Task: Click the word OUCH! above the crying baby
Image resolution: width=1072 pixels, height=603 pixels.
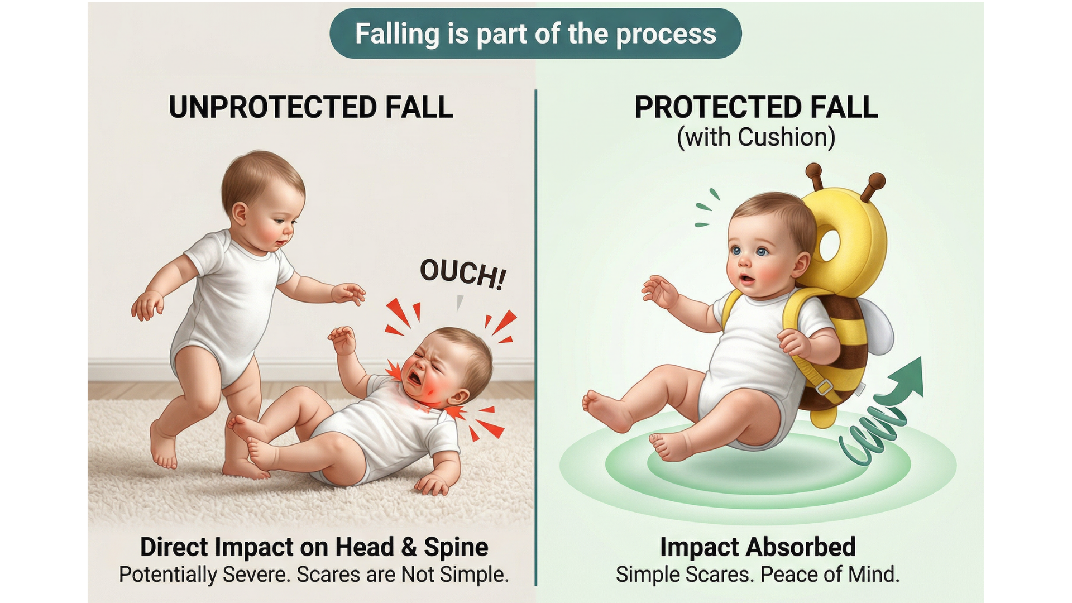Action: [x=463, y=274]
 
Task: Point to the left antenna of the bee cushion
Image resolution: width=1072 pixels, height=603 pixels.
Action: [x=816, y=177]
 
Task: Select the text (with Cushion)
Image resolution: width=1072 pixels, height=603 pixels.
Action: [x=756, y=137]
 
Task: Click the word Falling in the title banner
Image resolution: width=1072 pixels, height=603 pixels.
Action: [x=398, y=34]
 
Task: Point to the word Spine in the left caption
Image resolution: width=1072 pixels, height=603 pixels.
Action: [x=456, y=547]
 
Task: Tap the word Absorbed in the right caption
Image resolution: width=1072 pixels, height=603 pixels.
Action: [x=801, y=547]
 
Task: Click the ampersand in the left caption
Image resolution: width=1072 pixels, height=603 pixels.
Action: [x=409, y=547]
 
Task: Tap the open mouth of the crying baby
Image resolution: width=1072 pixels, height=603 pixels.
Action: [x=414, y=378]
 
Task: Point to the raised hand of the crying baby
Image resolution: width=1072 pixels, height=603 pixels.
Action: [x=343, y=339]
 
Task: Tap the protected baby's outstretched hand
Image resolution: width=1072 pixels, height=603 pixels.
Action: [x=659, y=291]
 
